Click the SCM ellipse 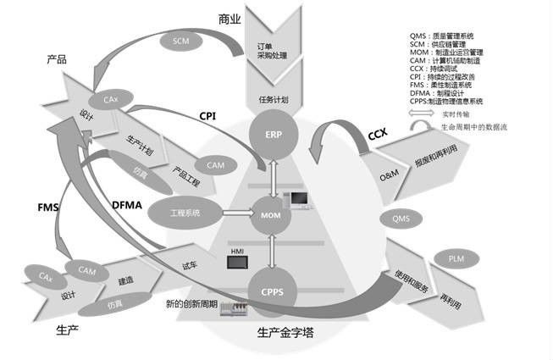pyautogui.click(x=180, y=40)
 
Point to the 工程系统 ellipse pyautogui.click(x=185, y=213)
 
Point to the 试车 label pyautogui.click(x=191, y=265)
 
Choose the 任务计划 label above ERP pyautogui.click(x=274, y=99)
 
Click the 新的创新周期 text pyautogui.click(x=192, y=303)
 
